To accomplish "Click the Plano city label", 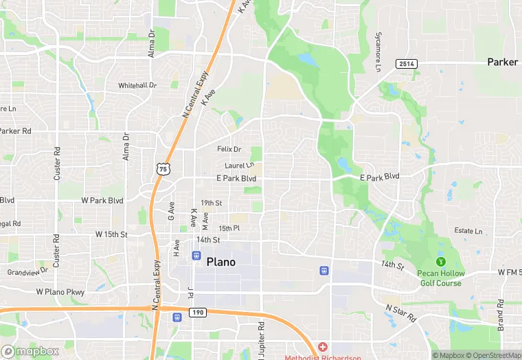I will point(220,262).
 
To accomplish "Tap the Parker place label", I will point(502,62).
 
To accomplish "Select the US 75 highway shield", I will point(162,168).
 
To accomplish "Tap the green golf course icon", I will point(440,261).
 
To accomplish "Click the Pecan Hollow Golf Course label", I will point(440,278).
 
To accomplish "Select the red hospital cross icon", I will point(322,347).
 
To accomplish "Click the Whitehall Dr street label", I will point(137,85).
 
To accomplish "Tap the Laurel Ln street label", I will point(239,166).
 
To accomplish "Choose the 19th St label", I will point(211,203).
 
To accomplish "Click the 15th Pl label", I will point(229,228).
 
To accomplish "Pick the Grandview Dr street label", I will point(27,271).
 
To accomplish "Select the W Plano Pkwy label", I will point(60,292).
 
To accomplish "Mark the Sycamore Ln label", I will point(378,51).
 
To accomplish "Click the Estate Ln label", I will point(468,231).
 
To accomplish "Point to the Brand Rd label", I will point(501,315).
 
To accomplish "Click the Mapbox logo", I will point(31,351).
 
